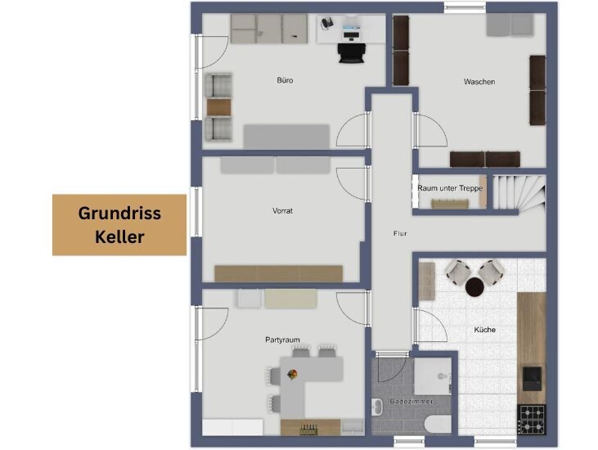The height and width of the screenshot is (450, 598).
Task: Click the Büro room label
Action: click(x=285, y=80)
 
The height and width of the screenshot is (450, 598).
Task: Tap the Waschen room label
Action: click(x=479, y=82)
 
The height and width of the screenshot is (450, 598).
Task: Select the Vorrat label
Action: click(x=282, y=210)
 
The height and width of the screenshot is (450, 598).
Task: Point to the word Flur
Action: click(x=400, y=233)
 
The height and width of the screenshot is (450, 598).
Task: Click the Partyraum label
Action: click(x=282, y=340)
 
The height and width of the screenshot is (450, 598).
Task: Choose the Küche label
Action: click(x=485, y=330)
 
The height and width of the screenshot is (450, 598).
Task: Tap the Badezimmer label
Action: click(x=411, y=401)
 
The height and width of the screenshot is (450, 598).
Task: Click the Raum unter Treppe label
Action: click(x=450, y=188)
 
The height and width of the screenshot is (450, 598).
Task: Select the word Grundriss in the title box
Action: click(x=119, y=214)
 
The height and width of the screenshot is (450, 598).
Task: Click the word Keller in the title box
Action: click(x=119, y=236)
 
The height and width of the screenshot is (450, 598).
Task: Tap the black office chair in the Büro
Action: click(x=352, y=52)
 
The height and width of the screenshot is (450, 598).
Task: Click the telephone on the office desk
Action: click(x=327, y=23)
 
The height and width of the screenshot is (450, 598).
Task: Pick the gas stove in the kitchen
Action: click(x=532, y=420)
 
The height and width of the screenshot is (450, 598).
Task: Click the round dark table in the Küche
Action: click(x=474, y=287)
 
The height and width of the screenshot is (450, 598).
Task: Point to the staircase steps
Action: click(x=519, y=192)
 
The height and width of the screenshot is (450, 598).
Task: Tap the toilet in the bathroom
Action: click(x=438, y=424)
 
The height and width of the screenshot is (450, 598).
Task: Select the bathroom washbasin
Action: click(x=377, y=407)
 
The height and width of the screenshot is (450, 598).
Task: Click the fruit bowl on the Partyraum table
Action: click(x=292, y=375)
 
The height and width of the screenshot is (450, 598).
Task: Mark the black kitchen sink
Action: click(x=532, y=378)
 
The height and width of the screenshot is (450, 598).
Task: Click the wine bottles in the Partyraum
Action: click(x=308, y=430)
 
